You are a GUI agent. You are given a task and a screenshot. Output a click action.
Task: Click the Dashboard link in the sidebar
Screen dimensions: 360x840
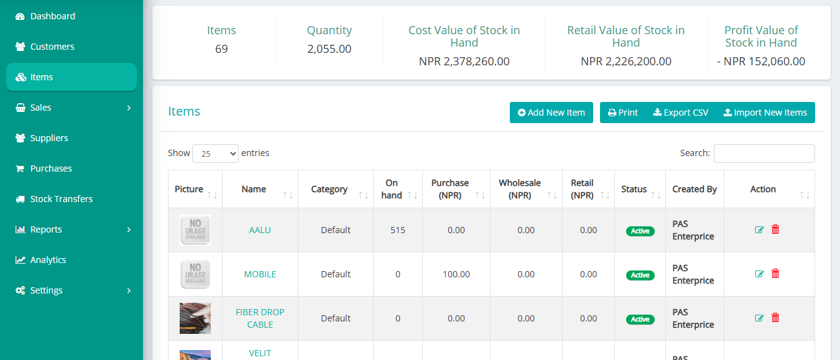click(x=52, y=16)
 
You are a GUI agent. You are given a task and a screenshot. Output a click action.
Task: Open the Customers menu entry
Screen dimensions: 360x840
click(x=52, y=47)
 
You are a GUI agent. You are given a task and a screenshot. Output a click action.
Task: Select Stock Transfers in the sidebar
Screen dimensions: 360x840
click(x=61, y=199)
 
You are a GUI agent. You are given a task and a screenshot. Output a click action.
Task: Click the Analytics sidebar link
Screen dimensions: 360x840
click(x=48, y=260)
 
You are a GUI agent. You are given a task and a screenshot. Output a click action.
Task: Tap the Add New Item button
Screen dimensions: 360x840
click(x=551, y=113)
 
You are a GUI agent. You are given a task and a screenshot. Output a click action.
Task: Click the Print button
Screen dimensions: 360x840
click(x=623, y=113)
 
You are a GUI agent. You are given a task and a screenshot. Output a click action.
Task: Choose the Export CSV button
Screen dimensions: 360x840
click(x=680, y=113)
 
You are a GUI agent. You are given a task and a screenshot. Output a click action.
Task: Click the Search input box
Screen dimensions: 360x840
click(x=764, y=153)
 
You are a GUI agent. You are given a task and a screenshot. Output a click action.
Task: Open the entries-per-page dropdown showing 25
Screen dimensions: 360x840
click(x=215, y=154)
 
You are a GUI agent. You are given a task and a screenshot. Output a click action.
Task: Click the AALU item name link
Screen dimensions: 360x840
click(x=260, y=230)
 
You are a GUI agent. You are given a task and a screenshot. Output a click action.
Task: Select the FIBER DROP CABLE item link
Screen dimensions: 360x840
click(x=260, y=318)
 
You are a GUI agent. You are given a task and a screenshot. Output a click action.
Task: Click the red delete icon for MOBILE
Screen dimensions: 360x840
click(x=775, y=274)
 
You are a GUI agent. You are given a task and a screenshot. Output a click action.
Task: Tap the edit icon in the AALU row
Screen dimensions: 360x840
click(x=759, y=229)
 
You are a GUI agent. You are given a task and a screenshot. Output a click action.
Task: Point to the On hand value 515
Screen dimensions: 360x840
click(x=398, y=230)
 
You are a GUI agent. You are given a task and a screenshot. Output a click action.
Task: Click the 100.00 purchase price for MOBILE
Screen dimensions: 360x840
click(x=456, y=274)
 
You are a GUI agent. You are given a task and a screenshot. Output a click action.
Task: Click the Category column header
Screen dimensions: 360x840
click(x=329, y=189)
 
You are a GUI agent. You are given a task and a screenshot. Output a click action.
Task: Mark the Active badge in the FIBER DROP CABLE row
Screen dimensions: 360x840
click(x=640, y=319)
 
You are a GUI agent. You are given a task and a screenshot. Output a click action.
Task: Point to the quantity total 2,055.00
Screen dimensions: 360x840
click(x=329, y=49)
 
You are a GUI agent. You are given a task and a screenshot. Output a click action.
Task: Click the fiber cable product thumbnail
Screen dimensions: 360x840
click(x=195, y=318)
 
